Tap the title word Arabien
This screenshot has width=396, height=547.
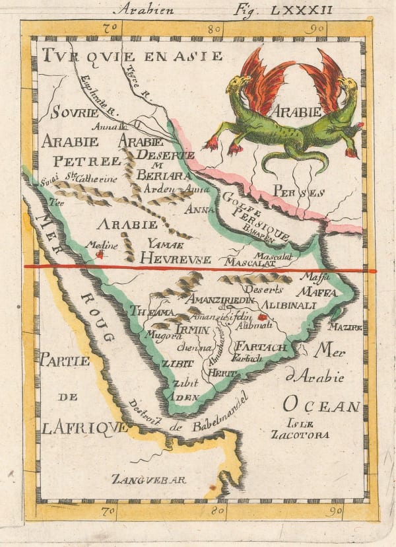(x=139, y=9)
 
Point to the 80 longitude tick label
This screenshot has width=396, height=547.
(x=213, y=29)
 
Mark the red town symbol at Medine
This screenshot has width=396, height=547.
(x=100, y=252)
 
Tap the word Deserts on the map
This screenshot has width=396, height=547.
(x=263, y=289)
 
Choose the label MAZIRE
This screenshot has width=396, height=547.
(x=346, y=326)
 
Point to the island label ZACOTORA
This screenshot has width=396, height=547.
(x=300, y=435)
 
